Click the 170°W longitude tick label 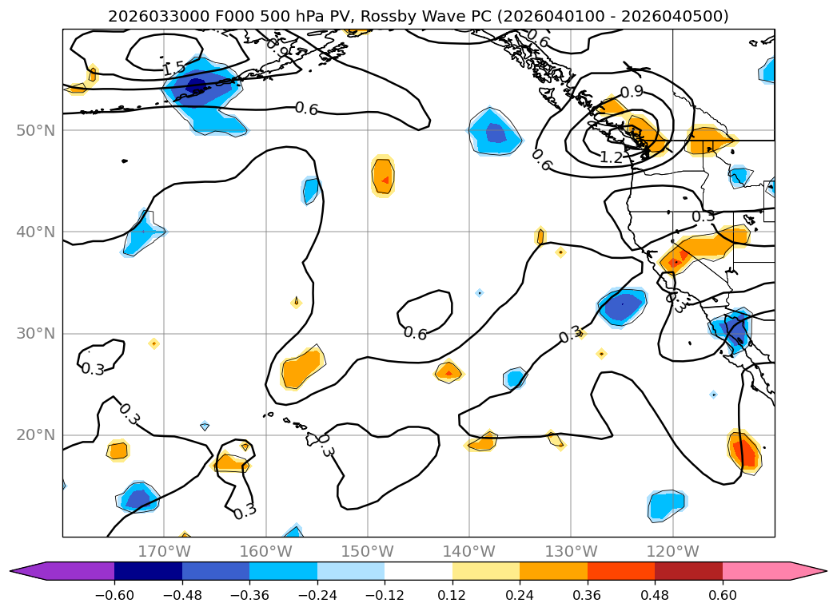point(164,552)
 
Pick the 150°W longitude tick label point(367,552)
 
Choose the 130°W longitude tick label point(571,552)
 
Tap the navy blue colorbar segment point(148,570)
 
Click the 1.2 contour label point(611,157)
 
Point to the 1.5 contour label point(173,69)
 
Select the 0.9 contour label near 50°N point(632,92)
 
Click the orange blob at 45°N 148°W point(384,177)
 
